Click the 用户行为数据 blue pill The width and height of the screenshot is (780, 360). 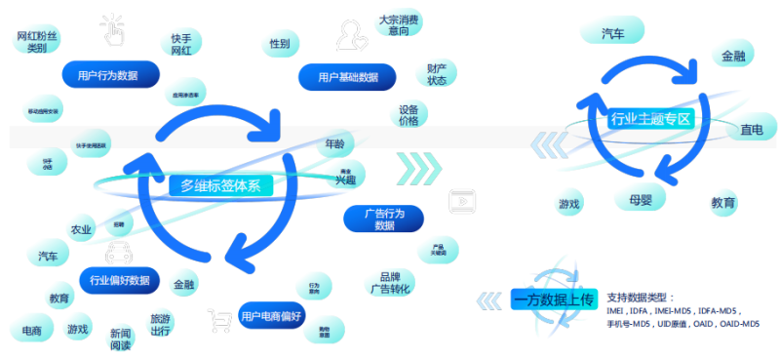click(x=99, y=74)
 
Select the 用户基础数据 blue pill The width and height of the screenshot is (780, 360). click(x=347, y=76)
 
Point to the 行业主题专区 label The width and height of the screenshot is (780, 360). click(x=649, y=120)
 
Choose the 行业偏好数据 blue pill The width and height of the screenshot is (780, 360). click(x=120, y=279)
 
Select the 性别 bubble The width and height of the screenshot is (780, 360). click(x=279, y=44)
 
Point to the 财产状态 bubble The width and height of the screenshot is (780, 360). click(x=436, y=74)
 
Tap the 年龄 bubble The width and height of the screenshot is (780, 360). click(x=333, y=145)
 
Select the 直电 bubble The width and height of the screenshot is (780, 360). click(x=751, y=130)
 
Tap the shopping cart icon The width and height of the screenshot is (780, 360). click(x=219, y=317)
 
